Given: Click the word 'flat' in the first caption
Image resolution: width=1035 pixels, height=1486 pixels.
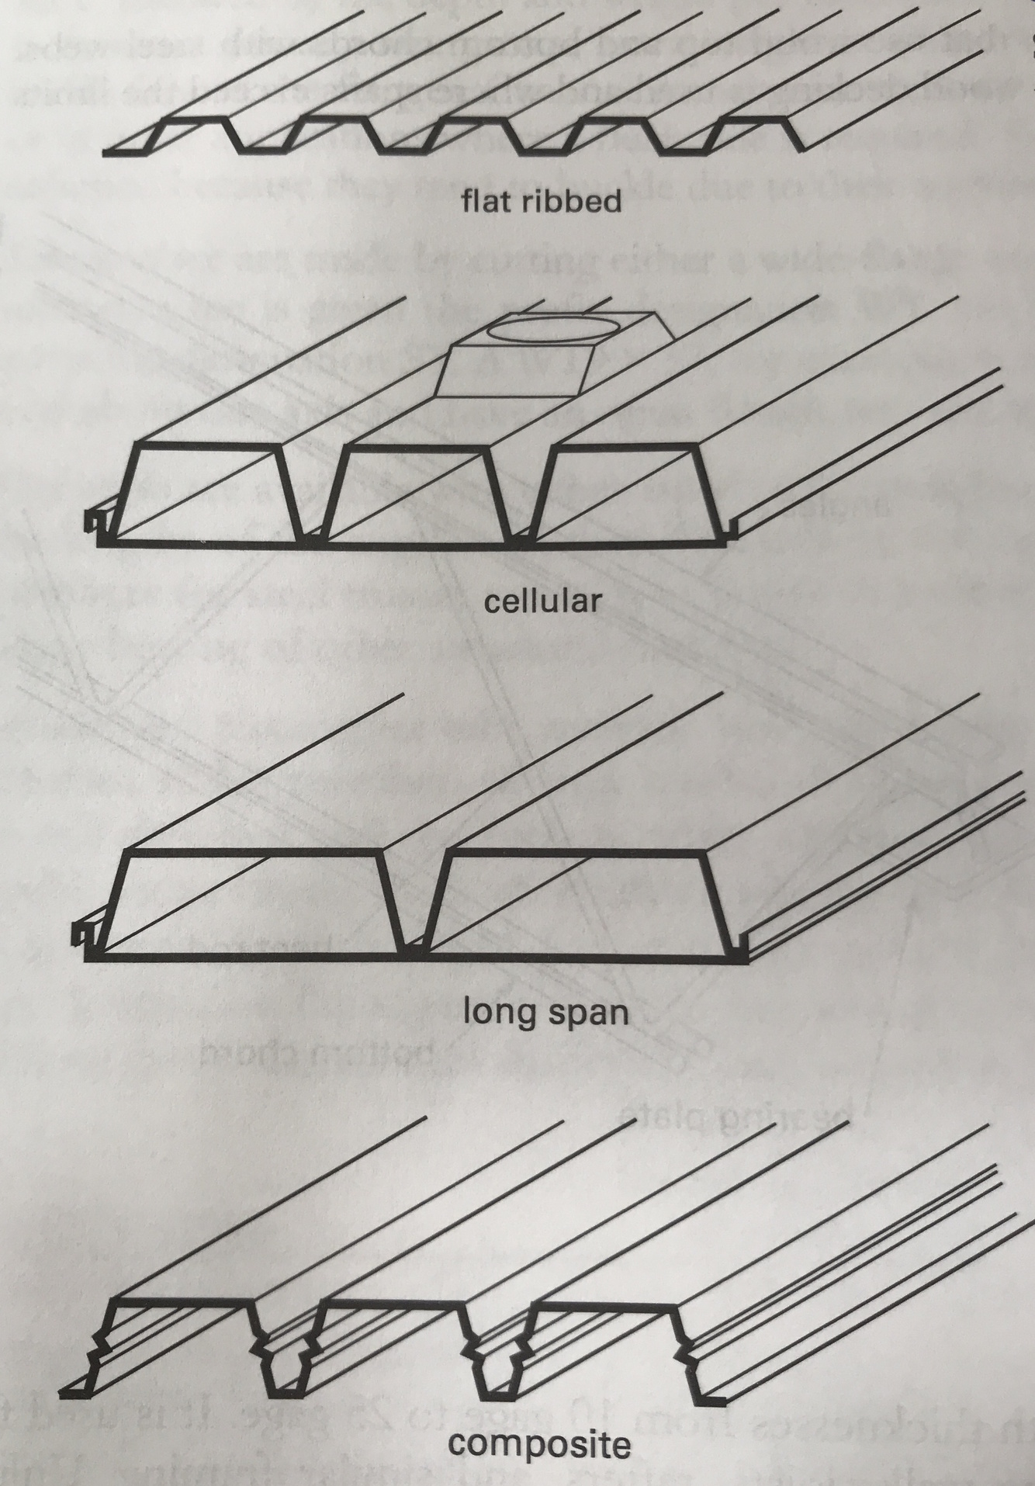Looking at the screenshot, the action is [486, 203].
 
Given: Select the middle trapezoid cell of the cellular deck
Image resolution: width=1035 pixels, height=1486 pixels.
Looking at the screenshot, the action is [418, 494].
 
